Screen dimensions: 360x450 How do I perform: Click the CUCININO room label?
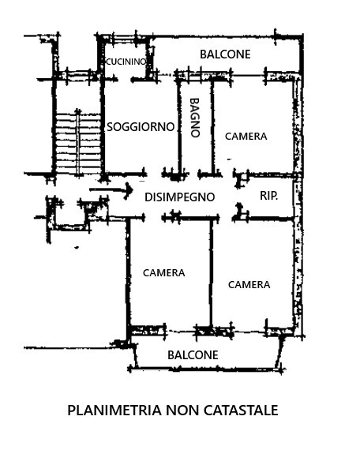coord(126,62)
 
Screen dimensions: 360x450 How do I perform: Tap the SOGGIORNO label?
coord(141,127)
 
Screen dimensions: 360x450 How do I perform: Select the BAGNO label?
coord(195,118)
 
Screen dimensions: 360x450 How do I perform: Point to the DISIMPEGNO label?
coord(180,197)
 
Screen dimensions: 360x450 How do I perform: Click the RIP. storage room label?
coord(268,196)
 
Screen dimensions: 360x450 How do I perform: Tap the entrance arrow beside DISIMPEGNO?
coord(111,189)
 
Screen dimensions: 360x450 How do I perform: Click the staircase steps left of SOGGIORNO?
coord(78,144)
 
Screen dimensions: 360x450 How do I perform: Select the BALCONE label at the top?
coord(225,54)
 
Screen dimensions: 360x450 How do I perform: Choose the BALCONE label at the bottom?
coord(193,355)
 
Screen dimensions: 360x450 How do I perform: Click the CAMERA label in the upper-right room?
coord(246,137)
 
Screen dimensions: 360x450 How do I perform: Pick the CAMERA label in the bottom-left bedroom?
coord(164,273)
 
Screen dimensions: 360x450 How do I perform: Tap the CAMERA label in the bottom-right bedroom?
coord(249,285)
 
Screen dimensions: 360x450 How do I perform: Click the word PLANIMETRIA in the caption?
coord(114,410)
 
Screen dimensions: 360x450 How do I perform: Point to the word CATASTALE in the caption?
coord(241,410)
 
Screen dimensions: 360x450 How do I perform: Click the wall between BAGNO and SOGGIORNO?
coord(180,126)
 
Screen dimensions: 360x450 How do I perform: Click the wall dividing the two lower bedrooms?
coord(212,272)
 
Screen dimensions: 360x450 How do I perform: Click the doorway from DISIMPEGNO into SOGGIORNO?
coord(154,174)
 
